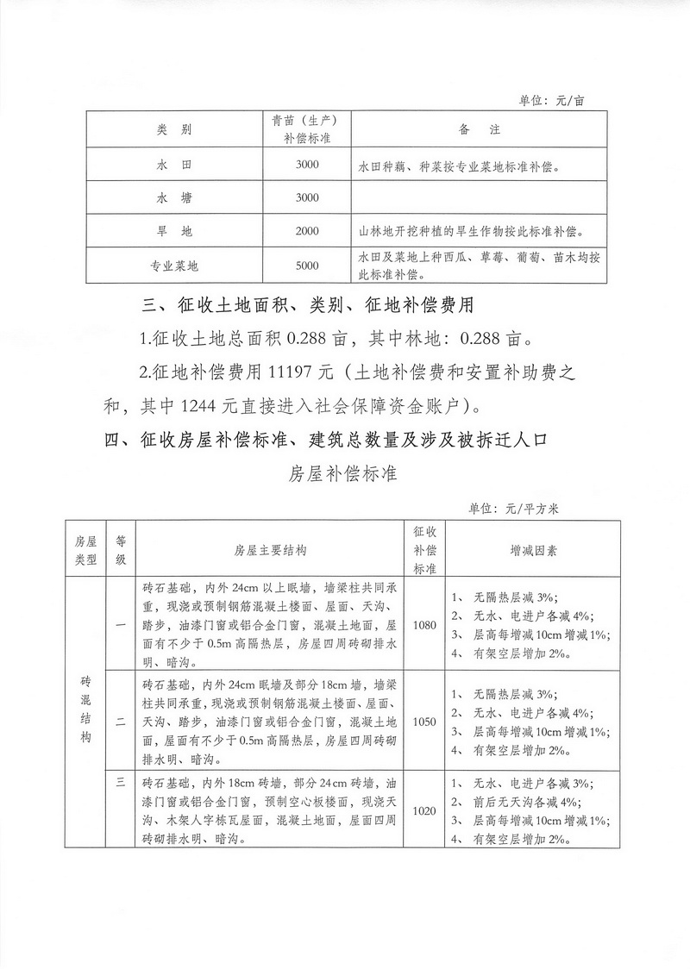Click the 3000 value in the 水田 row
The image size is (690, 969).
tap(307, 165)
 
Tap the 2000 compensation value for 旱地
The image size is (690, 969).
tap(307, 232)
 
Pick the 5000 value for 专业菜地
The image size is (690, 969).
tap(307, 266)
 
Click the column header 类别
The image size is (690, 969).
tap(174, 130)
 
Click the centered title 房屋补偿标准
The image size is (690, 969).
tap(343, 474)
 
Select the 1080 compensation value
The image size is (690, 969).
tap(426, 625)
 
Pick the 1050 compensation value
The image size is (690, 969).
tap(426, 721)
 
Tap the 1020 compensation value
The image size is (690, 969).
tap(426, 811)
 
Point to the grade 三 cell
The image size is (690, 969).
tap(121, 782)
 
